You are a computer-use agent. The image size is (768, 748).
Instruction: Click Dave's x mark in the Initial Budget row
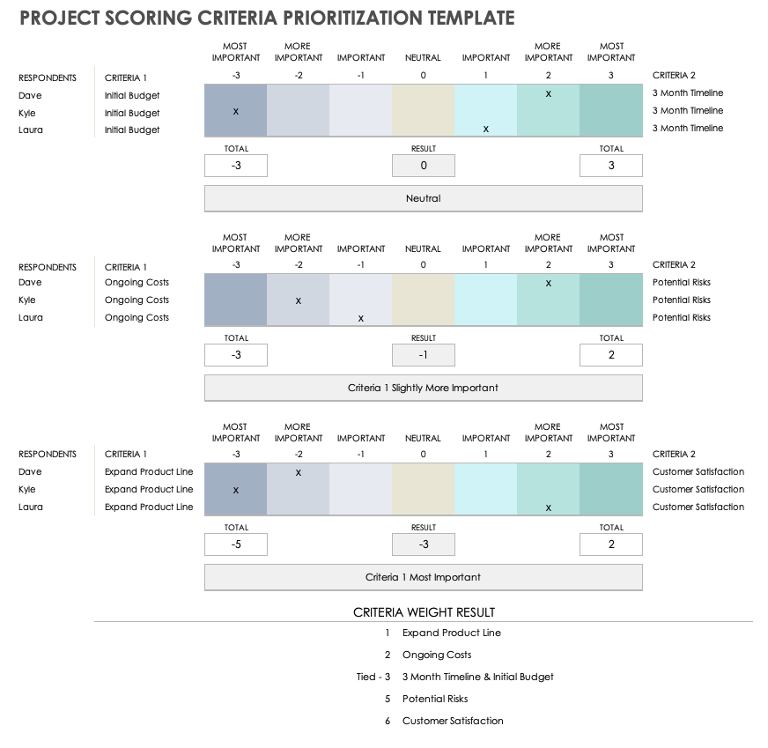(x=549, y=93)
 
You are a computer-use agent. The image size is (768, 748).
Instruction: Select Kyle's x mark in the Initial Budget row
(x=235, y=111)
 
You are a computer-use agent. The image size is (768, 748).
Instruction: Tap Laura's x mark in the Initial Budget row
(x=486, y=129)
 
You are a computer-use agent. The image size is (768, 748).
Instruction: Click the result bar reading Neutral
(x=423, y=199)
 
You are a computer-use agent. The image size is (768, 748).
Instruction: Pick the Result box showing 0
(x=423, y=166)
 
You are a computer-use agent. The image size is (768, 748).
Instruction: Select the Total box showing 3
(x=611, y=166)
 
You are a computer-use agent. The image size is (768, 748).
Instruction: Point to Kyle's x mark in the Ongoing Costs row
(x=298, y=300)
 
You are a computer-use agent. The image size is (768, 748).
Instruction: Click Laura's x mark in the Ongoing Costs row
(x=360, y=318)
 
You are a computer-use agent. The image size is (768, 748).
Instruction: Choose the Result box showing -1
(x=423, y=355)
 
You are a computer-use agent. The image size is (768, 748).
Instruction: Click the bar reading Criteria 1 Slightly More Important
(x=423, y=388)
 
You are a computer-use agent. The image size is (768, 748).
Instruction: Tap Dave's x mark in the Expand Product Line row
(x=298, y=472)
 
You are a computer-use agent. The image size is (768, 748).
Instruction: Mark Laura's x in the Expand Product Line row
(x=549, y=507)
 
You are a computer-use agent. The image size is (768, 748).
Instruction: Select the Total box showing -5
(x=235, y=544)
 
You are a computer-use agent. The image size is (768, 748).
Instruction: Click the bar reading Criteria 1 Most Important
(x=423, y=577)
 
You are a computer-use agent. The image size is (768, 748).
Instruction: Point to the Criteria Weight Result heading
(x=424, y=612)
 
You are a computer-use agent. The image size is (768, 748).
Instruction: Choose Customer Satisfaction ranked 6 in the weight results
(x=453, y=721)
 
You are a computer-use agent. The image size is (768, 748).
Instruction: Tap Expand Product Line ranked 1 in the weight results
(x=451, y=633)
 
